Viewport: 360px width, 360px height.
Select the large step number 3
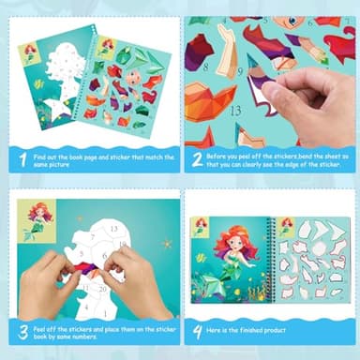22,330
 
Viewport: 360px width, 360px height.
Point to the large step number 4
197,330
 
